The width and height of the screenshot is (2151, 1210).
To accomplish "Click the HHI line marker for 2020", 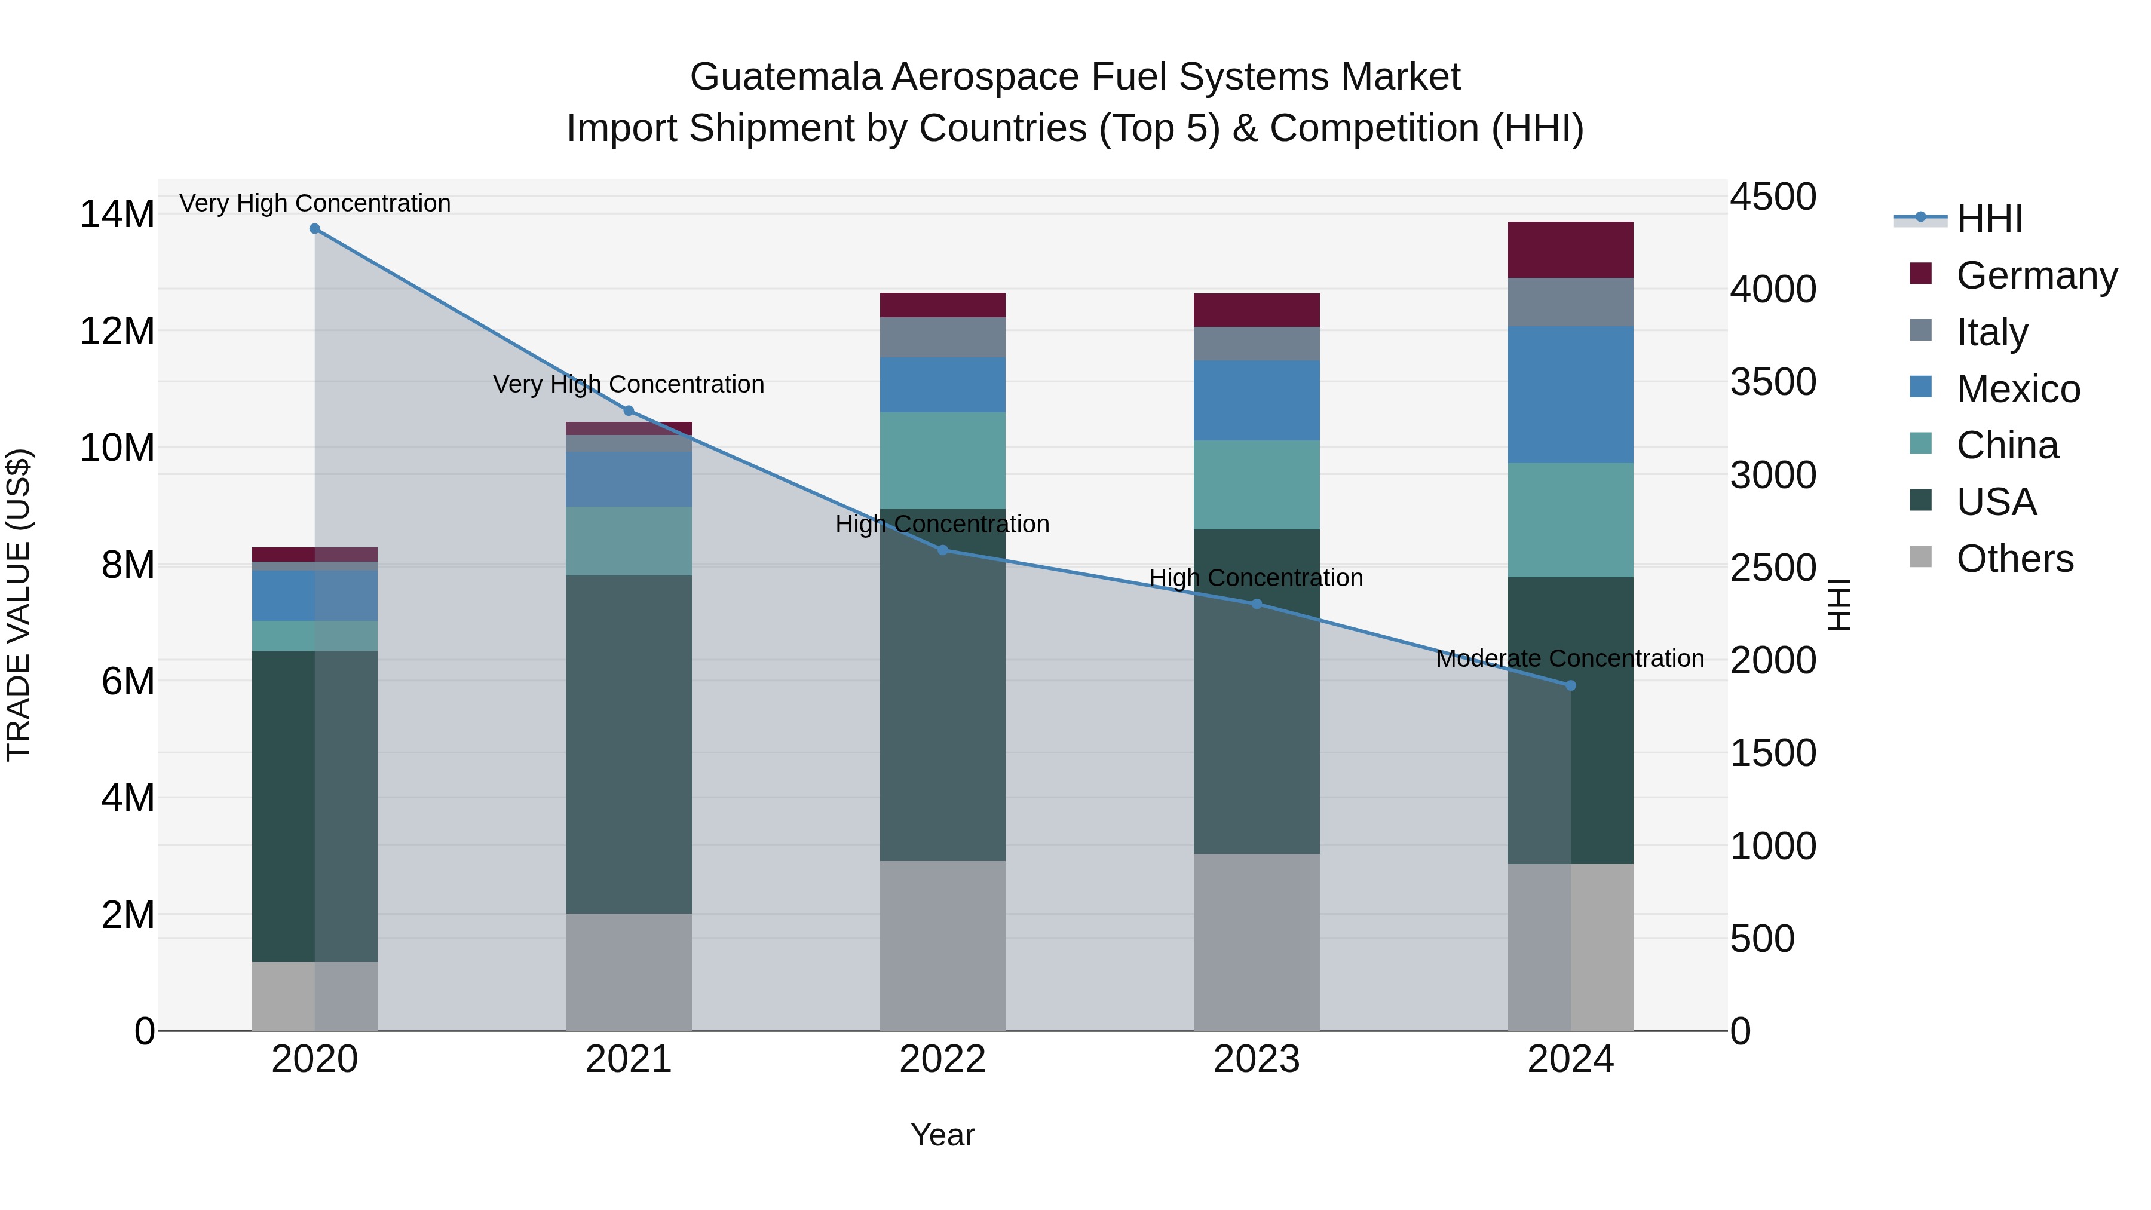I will pyautogui.click(x=315, y=229).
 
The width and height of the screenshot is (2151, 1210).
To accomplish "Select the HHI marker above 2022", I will pyautogui.click(x=943, y=550).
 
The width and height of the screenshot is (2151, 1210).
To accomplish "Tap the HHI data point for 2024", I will pyautogui.click(x=1571, y=685).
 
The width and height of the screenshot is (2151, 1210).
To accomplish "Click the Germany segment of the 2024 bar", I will pyautogui.click(x=1571, y=250).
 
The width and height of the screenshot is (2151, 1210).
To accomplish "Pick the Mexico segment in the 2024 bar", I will pyautogui.click(x=1571, y=395).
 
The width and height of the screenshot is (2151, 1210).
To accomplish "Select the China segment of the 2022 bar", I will pyautogui.click(x=943, y=460).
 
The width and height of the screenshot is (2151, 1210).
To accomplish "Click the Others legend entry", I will pyautogui.click(x=2014, y=559).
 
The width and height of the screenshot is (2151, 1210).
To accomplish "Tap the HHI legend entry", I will pyautogui.click(x=1989, y=219).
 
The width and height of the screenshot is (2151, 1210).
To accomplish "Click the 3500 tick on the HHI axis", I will pyautogui.click(x=1773, y=382).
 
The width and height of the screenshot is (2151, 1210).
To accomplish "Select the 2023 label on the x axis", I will pyautogui.click(x=1257, y=1059).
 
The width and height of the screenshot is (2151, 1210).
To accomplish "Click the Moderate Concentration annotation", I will pyautogui.click(x=1570, y=659).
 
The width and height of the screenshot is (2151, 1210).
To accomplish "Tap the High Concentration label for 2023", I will pyautogui.click(x=1256, y=578).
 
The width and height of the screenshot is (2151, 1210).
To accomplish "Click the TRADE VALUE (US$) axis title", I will pyautogui.click(x=19, y=605).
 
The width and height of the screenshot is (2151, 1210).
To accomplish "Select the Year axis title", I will pyautogui.click(x=943, y=1135).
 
